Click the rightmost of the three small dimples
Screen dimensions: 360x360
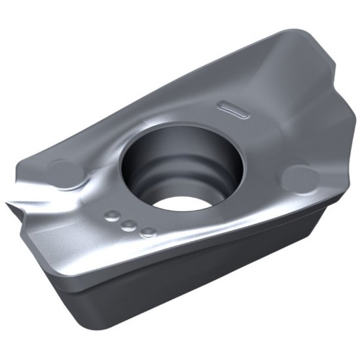pos(149,231)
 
